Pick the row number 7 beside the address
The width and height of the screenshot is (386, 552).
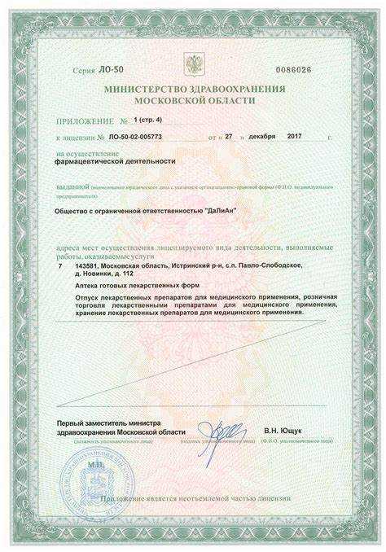(x=60, y=265)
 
